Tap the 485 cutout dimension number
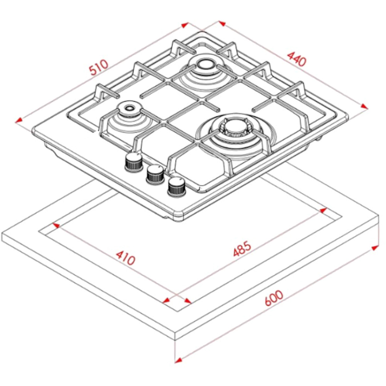point(242,249)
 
